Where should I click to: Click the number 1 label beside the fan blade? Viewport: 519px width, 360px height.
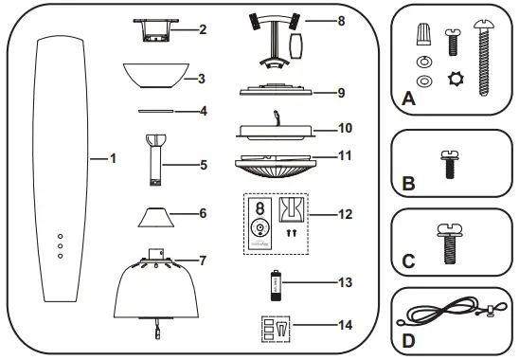(113, 158)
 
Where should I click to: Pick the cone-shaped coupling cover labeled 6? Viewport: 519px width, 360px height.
(157, 216)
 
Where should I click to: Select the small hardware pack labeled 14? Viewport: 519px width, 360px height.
(275, 327)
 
